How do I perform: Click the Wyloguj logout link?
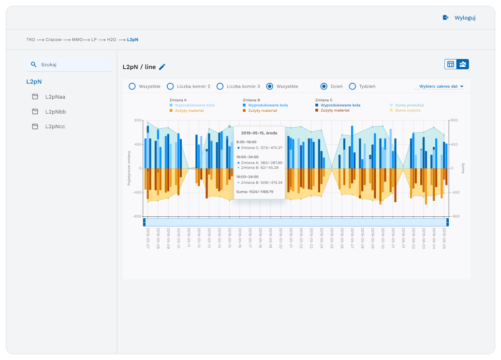(x=459, y=18)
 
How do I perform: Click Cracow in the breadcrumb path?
(x=54, y=40)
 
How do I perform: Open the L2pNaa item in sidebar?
(x=55, y=97)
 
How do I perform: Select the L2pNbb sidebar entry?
(x=55, y=112)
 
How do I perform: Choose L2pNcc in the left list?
(x=55, y=127)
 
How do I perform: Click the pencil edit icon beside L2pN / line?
(x=162, y=67)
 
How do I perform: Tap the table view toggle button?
(x=451, y=64)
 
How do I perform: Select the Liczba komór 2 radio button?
(x=170, y=87)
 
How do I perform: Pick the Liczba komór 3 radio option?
(x=220, y=87)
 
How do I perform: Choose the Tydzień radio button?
(x=353, y=87)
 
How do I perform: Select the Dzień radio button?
(x=324, y=87)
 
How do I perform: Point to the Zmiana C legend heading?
(x=324, y=100)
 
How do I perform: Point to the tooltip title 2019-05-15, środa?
(x=260, y=133)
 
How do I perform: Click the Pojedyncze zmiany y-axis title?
(x=129, y=168)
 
